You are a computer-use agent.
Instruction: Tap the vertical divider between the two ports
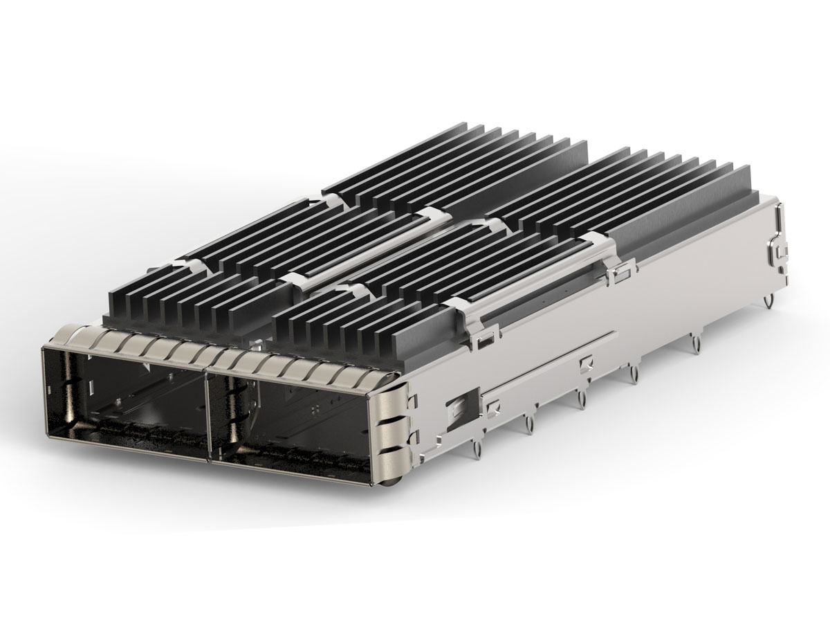[208, 415]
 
